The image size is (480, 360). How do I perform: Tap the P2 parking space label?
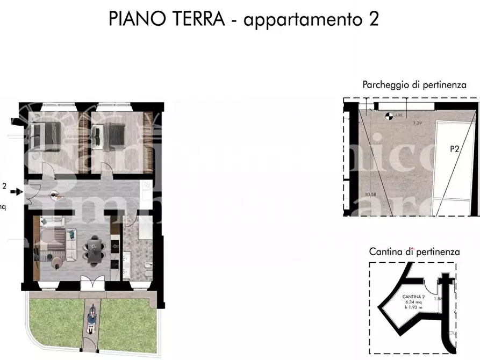coord(454,149)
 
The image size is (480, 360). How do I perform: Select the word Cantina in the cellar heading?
coord(386,251)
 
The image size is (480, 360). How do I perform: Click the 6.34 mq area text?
coord(413,303)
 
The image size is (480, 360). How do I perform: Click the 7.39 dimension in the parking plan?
coord(417,123)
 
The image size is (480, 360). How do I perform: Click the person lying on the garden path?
coord(91,319)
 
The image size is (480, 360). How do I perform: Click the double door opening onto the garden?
coord(90,283)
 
